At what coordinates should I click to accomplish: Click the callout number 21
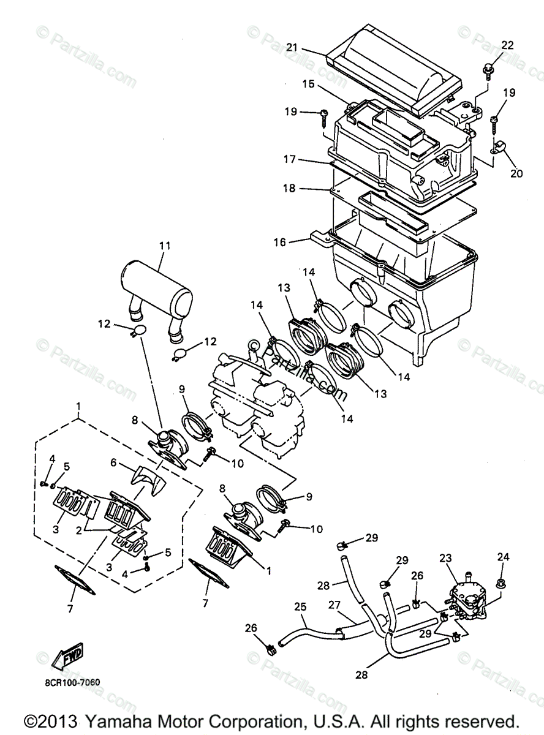292,48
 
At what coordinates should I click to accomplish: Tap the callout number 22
507,45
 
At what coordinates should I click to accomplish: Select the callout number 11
165,246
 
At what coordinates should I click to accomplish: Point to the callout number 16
279,243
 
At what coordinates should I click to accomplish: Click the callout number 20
516,173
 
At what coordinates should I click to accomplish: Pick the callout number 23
446,559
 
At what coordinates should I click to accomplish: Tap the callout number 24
503,557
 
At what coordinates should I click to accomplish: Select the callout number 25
300,607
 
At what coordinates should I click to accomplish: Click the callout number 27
334,605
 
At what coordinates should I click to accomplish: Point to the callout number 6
113,462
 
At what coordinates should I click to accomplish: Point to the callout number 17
289,159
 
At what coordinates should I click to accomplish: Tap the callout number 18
289,188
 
